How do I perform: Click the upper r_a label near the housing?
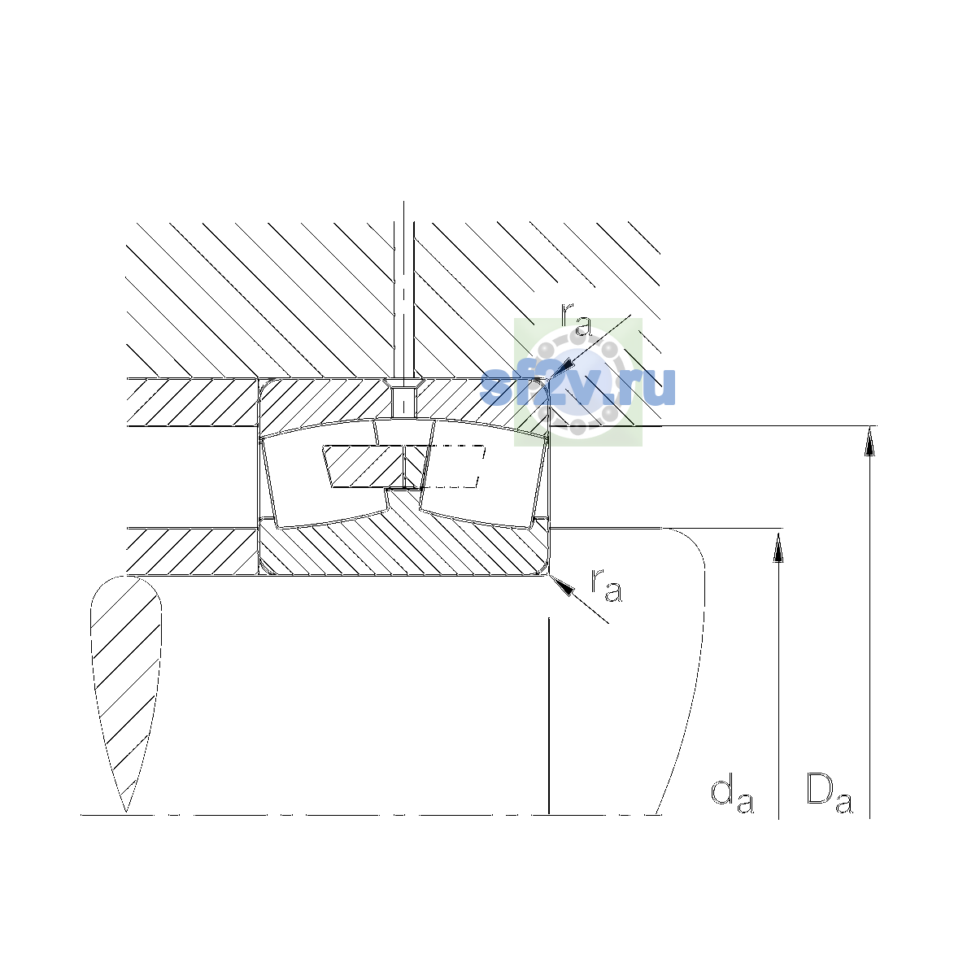576,320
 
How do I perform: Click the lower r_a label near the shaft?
606,586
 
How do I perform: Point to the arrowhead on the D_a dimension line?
869,441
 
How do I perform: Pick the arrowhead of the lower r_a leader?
562,586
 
